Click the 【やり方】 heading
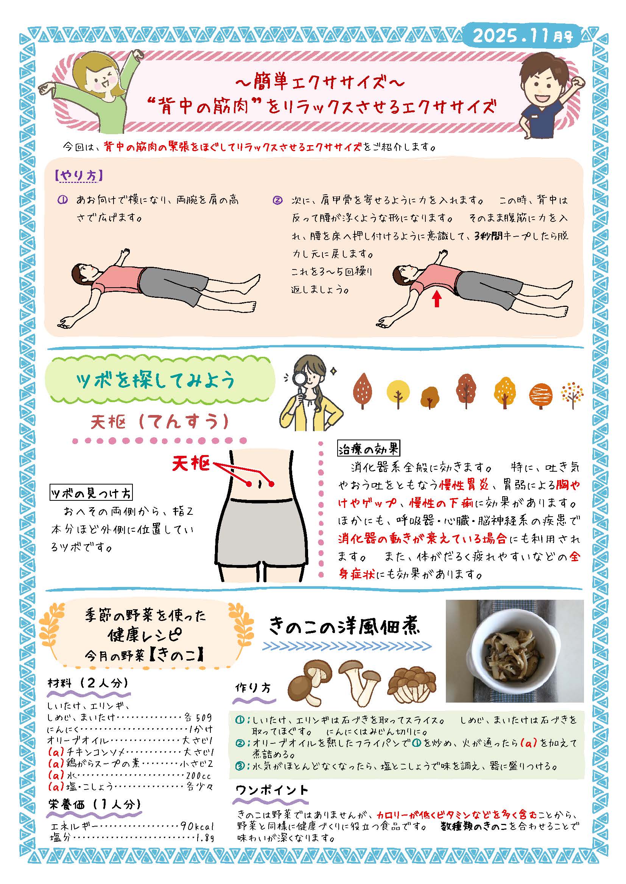coord(79,176)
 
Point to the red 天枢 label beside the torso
coord(191,463)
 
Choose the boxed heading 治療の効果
coord(369,449)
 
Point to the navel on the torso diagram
coord(260,484)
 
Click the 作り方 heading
coord(253,688)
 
